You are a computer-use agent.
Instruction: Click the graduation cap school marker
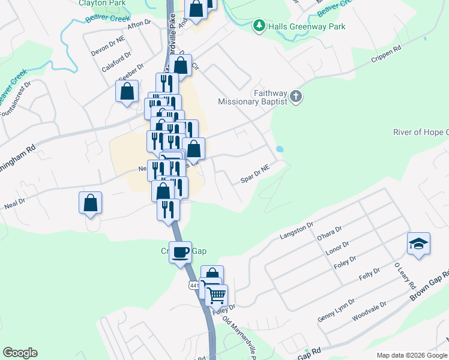[x=418, y=244]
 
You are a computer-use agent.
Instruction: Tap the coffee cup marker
[x=180, y=251]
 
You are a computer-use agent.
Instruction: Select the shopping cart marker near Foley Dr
[x=216, y=295]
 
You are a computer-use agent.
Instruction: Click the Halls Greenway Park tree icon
[x=259, y=26]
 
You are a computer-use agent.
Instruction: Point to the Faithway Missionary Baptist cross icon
[x=295, y=96]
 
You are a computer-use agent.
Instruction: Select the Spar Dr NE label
[x=256, y=175]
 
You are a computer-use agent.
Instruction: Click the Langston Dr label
[x=297, y=230]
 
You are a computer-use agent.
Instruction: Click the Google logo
[x=20, y=353]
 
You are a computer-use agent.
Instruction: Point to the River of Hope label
[x=420, y=132]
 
